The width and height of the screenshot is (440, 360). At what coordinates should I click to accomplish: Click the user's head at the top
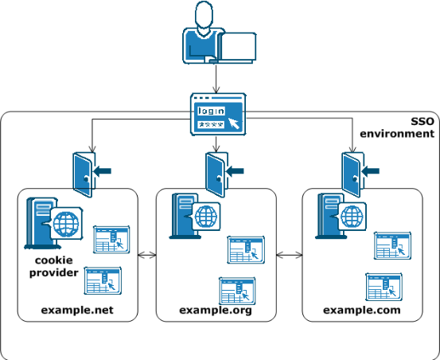pos(204,14)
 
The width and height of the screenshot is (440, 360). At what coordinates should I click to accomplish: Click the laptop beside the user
pos(236,47)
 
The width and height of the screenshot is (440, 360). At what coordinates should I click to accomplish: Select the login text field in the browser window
pos(211,111)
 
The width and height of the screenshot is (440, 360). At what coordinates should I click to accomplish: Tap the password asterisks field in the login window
pos(211,124)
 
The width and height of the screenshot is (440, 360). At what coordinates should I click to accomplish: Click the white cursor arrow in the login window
pos(233,123)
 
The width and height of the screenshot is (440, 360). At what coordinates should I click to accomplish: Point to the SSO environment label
pos(397,127)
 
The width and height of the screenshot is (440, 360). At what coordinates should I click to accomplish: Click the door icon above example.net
pos(84,174)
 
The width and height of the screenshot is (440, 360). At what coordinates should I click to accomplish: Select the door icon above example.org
pos(216,174)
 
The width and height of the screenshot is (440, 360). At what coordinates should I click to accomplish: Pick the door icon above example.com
pos(352,174)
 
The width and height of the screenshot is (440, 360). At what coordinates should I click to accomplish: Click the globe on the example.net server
pos(66,224)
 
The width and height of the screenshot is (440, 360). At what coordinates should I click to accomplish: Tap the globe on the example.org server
pos(206,217)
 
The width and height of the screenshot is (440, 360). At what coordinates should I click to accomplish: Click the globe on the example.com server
pos(352,217)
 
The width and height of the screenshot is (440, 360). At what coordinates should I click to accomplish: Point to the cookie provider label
pos(54,267)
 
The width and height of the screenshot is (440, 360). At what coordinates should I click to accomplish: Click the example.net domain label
pos(77,310)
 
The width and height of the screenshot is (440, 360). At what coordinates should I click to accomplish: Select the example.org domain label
pos(216,311)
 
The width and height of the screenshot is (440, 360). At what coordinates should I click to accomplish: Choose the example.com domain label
pos(362,310)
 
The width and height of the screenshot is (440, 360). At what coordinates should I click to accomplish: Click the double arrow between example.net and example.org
pos(147,255)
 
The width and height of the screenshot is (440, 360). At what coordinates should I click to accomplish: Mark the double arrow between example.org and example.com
pos(290,255)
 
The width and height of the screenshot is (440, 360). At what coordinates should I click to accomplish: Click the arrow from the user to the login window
pos(216,79)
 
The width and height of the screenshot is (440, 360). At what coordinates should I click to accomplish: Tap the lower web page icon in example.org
pos(237,291)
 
